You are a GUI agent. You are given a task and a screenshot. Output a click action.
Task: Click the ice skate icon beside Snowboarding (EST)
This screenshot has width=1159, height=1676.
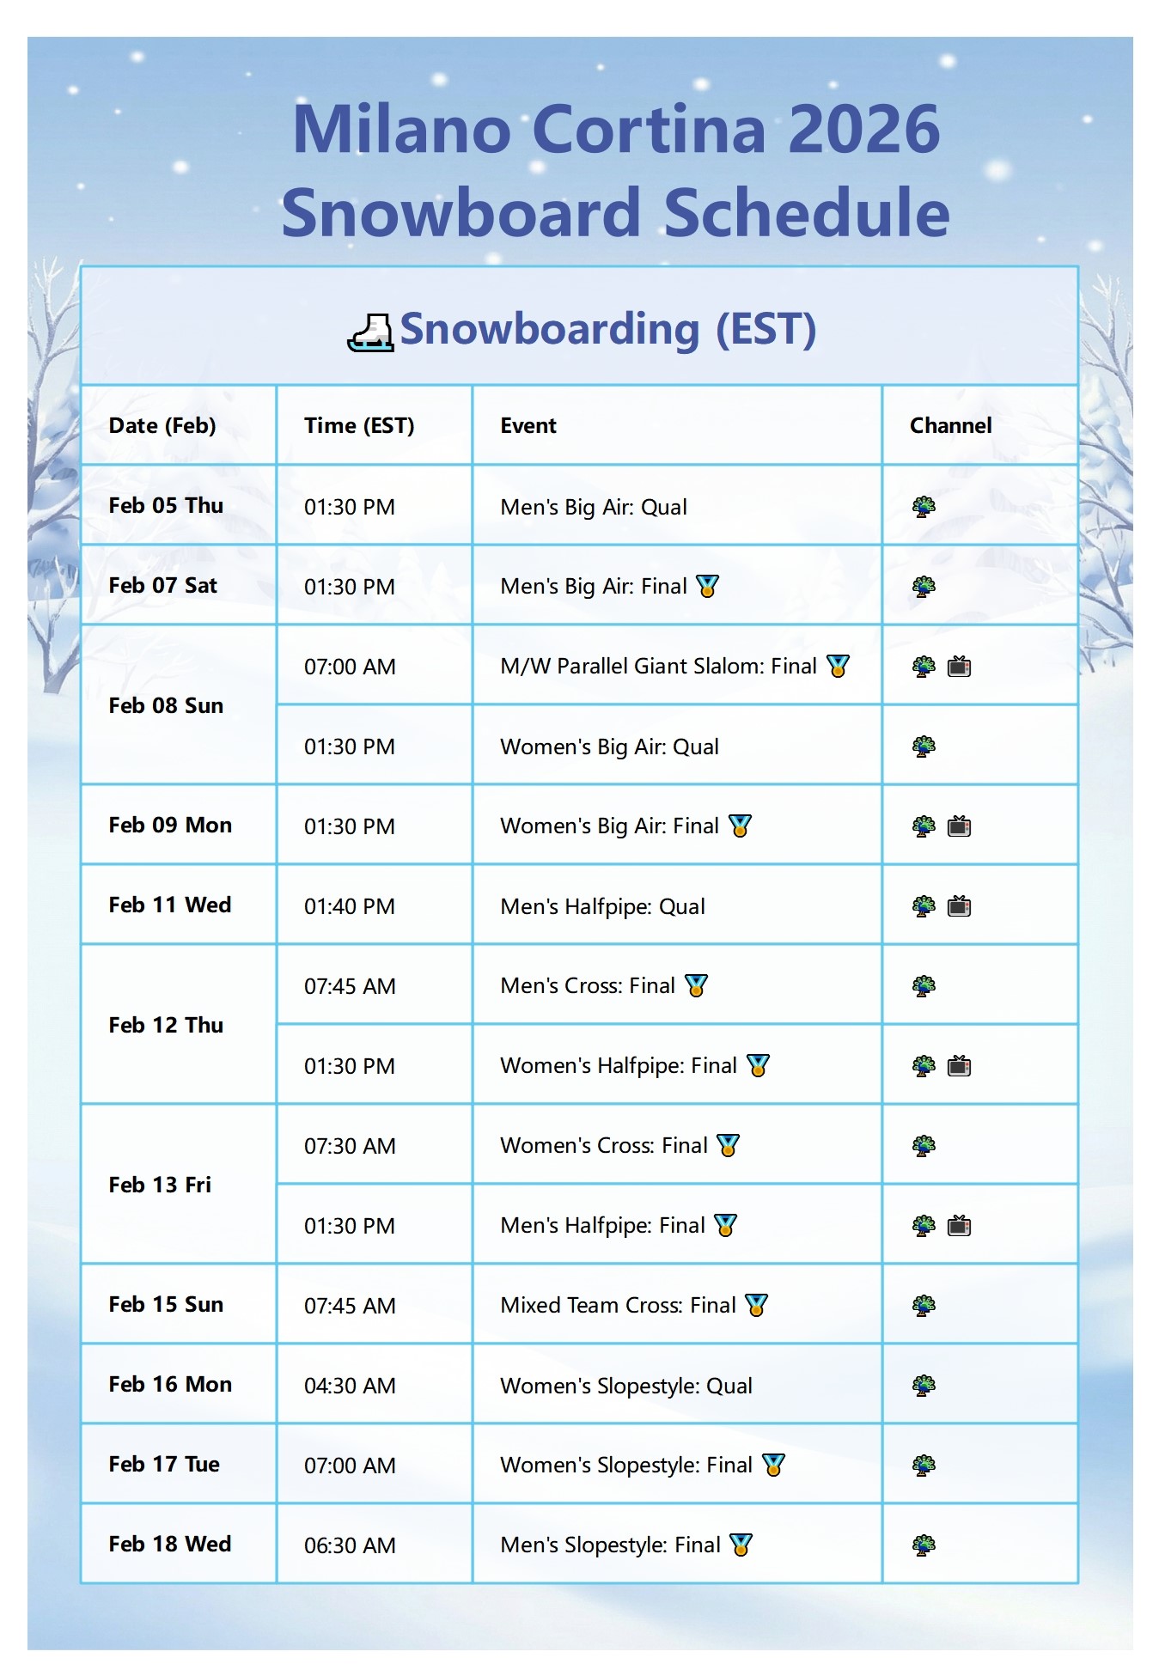pyautogui.click(x=370, y=332)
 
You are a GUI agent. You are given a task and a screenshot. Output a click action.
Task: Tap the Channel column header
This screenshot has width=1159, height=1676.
pyautogui.click(x=950, y=425)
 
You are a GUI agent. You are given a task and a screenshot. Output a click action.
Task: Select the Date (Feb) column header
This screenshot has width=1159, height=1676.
pyautogui.click(x=162, y=425)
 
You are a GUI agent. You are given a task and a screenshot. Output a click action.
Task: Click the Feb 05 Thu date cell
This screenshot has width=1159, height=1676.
pyautogui.click(x=166, y=505)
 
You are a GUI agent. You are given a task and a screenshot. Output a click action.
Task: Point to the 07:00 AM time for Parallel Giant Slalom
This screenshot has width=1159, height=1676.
pyautogui.click(x=350, y=667)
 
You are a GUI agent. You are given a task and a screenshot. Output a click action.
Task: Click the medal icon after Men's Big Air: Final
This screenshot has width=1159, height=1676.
pyautogui.click(x=707, y=587)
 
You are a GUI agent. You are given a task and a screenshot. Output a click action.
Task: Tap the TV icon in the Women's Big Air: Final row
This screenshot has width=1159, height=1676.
pyautogui.click(x=959, y=826)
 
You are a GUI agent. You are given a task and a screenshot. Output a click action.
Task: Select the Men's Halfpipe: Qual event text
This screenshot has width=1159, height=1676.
pyautogui.click(x=602, y=906)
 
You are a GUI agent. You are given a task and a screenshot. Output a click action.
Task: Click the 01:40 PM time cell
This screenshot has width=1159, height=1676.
pyautogui.click(x=350, y=906)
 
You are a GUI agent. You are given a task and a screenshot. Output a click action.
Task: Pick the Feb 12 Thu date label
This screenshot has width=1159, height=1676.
pyautogui.click(x=166, y=1025)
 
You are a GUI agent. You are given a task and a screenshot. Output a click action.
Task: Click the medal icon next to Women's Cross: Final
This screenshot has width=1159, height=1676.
pyautogui.click(x=728, y=1146)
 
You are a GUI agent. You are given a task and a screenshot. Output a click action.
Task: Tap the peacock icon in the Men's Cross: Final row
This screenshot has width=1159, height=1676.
pyautogui.click(x=924, y=986)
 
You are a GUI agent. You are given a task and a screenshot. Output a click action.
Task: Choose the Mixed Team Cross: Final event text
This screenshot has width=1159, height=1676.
pyautogui.click(x=618, y=1305)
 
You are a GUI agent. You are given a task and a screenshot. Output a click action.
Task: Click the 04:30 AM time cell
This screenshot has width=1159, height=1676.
pyautogui.click(x=350, y=1386)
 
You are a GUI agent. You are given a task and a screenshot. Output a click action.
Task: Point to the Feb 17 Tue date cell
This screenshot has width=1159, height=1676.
pyautogui.click(x=164, y=1464)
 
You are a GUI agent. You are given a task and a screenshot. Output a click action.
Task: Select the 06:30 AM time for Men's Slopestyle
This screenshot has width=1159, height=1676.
pyautogui.click(x=350, y=1545)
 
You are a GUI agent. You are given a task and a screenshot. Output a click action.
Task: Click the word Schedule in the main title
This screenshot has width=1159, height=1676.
pyautogui.click(x=807, y=212)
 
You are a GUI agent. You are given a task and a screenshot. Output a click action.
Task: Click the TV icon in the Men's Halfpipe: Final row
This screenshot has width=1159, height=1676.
pyautogui.click(x=959, y=1226)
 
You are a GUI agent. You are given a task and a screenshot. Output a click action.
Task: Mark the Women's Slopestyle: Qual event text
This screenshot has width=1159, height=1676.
pyautogui.click(x=626, y=1386)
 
